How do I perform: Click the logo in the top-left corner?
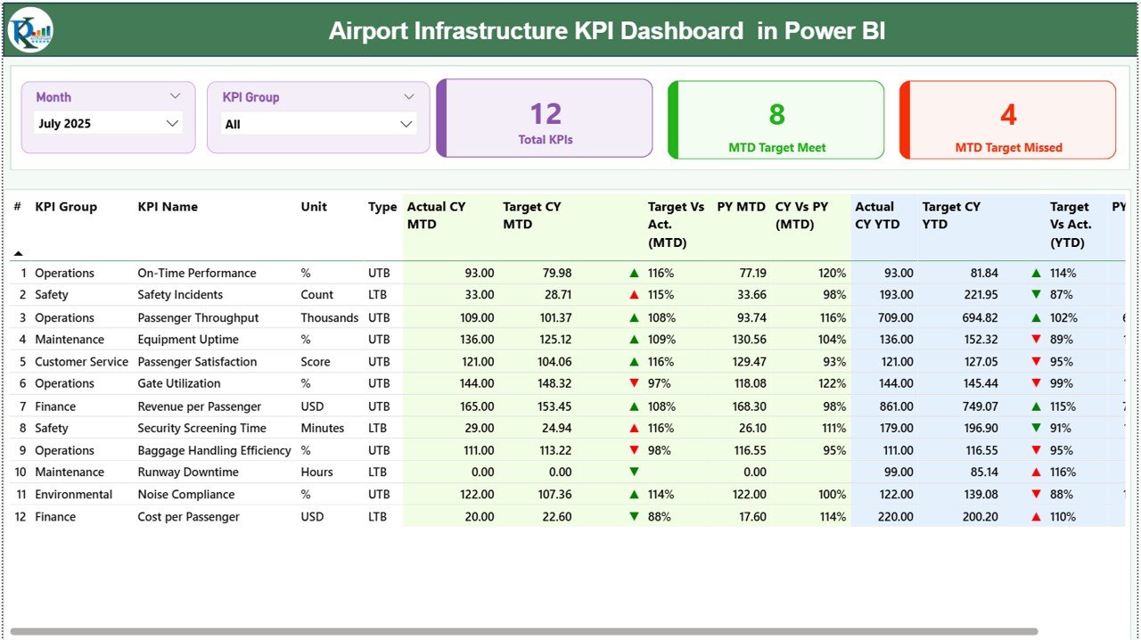pos(30,30)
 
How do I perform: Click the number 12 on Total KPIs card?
pos(546,114)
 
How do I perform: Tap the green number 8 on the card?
pos(776,114)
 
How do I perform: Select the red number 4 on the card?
pos(1008,114)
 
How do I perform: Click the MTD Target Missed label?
pos(1008,148)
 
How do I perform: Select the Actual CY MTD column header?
pos(437,215)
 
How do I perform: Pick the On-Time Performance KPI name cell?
pos(196,274)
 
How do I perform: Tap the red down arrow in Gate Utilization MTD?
pos(634,383)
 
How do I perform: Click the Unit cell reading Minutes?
pos(323,428)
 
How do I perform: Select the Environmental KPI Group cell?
pos(73,495)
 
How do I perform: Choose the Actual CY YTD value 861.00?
pos(895,406)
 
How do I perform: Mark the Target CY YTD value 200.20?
pos(979,517)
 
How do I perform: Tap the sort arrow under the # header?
pos(18,254)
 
